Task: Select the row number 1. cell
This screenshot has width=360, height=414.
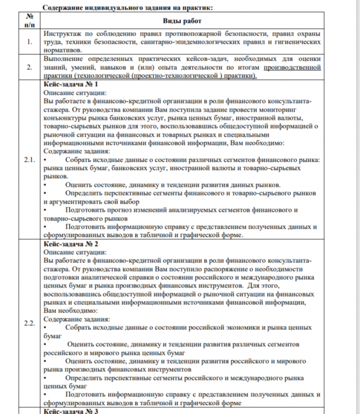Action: [28, 41]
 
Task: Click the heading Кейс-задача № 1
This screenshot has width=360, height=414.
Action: [70, 85]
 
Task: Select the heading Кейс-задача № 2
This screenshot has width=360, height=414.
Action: [70, 244]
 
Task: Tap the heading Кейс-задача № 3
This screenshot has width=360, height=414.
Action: [70, 410]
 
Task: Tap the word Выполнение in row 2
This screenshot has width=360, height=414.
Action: [66, 59]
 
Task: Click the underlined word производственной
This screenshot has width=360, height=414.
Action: [292, 68]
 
